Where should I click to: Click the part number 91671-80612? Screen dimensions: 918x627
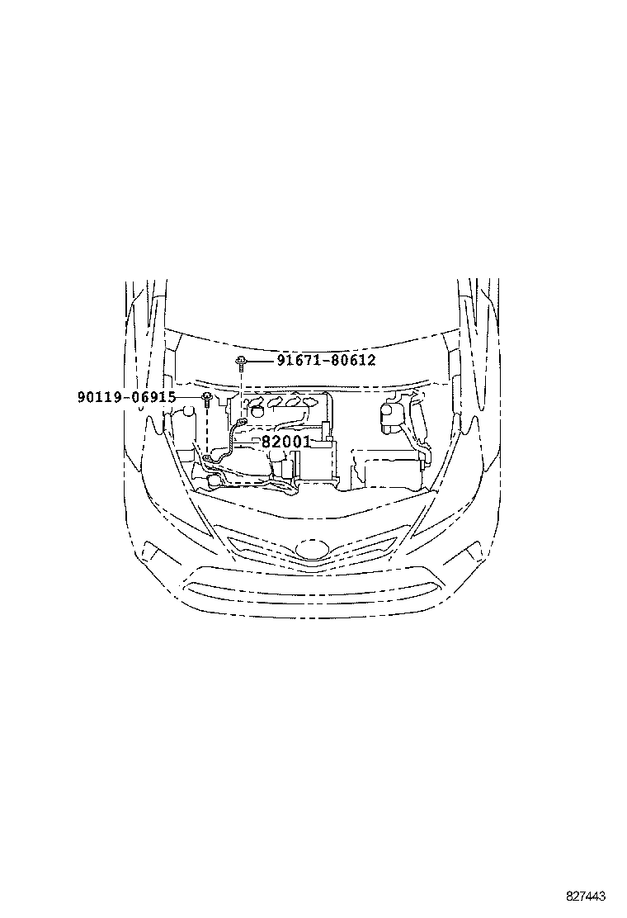coord(326,361)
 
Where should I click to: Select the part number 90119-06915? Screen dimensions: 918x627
coord(126,397)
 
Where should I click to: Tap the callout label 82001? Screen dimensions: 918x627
coord(285,442)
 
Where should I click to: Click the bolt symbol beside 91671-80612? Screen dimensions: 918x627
coord(239,361)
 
